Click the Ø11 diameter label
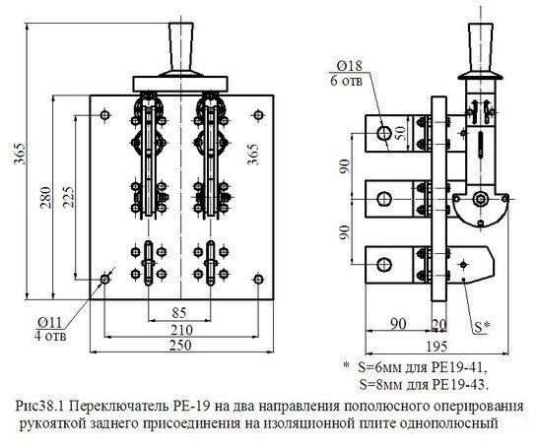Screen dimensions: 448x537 pyautogui.click(x=50, y=321)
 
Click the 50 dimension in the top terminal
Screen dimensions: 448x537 pyautogui.click(x=399, y=133)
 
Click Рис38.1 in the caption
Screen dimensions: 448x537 pyautogui.click(x=49, y=406)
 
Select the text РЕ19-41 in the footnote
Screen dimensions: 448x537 pyautogui.click(x=462, y=365)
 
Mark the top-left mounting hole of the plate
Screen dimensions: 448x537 pyautogui.click(x=105, y=118)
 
